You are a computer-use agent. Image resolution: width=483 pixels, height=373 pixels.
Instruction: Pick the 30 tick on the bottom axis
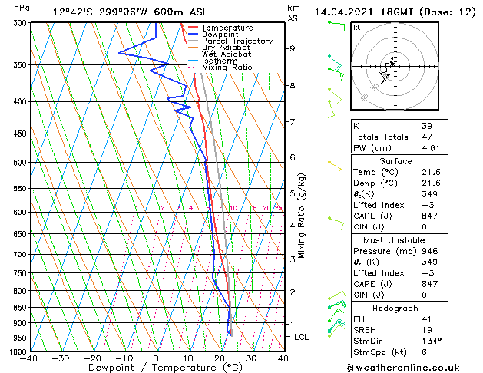[251, 358]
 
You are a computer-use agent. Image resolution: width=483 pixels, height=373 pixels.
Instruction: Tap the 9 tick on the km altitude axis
[292, 48]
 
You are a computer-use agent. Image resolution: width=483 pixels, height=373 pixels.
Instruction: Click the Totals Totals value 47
[426, 137]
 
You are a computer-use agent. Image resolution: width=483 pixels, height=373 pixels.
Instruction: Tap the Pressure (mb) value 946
[429, 251]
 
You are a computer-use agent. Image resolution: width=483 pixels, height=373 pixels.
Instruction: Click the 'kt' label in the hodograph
[357, 27]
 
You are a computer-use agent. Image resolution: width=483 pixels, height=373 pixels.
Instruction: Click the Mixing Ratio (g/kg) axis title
[303, 216]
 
